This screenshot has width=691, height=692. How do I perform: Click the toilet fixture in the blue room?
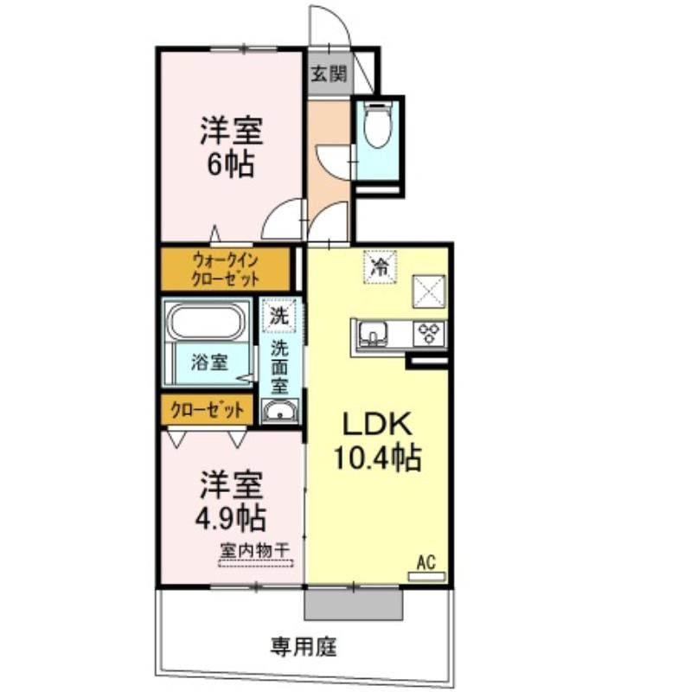pos(378,125)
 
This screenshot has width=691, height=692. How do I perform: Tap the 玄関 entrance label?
pos(329,74)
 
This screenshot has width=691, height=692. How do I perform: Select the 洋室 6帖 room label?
pos(231,146)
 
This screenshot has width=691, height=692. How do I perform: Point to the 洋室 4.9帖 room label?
pos(231,501)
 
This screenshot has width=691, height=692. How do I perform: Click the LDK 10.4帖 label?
pos(378,442)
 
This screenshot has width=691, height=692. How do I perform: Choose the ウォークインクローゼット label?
pos(225,270)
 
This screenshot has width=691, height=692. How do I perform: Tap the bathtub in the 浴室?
pos(207,322)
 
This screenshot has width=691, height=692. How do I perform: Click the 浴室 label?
pos(209,362)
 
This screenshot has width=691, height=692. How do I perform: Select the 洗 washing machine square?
pos(279,316)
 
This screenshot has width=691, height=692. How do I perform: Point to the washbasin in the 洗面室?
pos(279,412)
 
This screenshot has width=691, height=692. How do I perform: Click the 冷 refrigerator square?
pos(380,266)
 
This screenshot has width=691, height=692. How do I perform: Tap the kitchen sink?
pos(373,334)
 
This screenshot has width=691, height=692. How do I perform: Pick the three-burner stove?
pos(430,334)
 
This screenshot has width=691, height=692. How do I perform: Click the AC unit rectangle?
pos(426,576)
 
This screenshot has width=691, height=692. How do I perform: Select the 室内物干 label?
pos(254,550)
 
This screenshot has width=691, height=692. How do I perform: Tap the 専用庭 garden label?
pos(304,647)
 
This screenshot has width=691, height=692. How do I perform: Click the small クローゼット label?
pos(208,410)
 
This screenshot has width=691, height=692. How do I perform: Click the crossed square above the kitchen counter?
pos(429,292)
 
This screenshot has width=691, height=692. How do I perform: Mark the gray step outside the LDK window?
pos(354,604)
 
